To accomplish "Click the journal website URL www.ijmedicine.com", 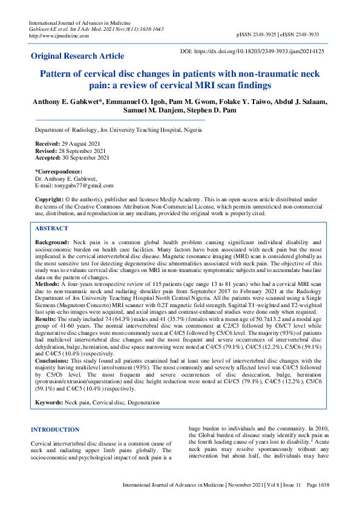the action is pos(59,36).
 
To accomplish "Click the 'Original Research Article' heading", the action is pos(77,56).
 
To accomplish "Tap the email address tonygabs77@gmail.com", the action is pos(82,186).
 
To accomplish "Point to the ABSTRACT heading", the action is pos(51,229).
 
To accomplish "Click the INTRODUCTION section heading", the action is pos(54,430).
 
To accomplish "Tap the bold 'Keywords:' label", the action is pos(49,403).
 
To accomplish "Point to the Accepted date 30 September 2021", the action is pos(85,157).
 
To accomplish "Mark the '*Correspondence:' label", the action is pos(59,172).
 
